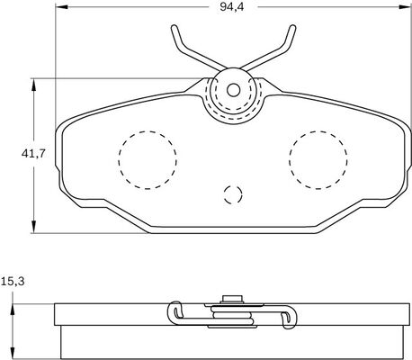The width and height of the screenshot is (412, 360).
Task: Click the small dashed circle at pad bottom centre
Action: pyautogui.click(x=232, y=194)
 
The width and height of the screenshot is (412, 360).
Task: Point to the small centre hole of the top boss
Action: pyautogui.click(x=232, y=89)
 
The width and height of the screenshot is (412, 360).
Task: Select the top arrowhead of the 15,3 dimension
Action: pyautogui.click(x=12, y=308)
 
